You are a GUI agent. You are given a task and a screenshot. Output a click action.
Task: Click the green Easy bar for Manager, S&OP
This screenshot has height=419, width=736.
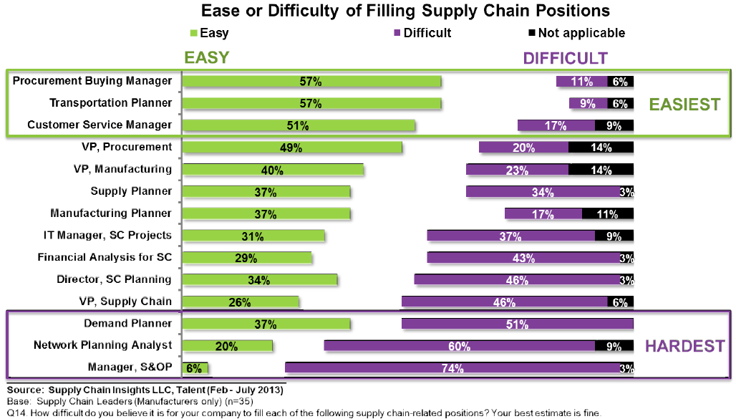click(x=195, y=368)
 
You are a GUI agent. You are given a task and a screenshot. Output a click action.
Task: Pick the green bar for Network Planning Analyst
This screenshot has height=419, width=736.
click(x=228, y=346)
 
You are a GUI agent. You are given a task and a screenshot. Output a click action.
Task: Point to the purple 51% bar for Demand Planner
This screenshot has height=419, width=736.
click(x=517, y=324)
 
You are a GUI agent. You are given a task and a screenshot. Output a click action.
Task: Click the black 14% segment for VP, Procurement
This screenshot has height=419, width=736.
click(x=601, y=148)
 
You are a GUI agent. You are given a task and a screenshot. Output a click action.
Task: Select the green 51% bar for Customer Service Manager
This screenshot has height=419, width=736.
click(x=299, y=125)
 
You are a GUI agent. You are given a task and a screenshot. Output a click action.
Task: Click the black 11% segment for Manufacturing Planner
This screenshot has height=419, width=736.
click(x=608, y=213)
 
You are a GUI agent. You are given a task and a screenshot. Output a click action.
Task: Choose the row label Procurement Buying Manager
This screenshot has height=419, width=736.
click(x=92, y=81)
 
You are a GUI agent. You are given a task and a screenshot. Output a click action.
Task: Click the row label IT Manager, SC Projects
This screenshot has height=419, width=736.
click(x=108, y=235)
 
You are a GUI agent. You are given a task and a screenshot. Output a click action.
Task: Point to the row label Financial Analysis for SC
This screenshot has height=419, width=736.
click(x=105, y=257)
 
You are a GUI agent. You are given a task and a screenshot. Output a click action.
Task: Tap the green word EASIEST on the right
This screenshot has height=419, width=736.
click(x=684, y=105)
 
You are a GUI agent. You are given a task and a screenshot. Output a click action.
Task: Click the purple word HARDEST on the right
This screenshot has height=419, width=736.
click(x=684, y=347)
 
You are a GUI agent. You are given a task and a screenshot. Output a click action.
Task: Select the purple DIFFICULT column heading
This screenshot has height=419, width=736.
click(x=565, y=59)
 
